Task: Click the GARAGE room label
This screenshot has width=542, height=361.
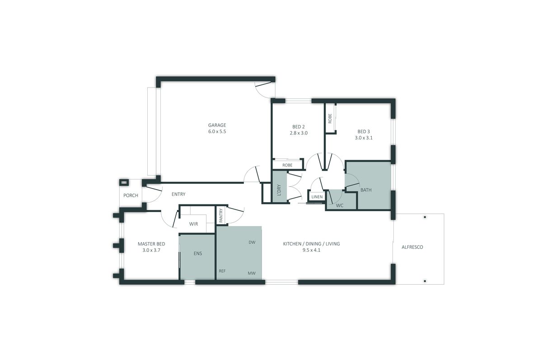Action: pos(217,125)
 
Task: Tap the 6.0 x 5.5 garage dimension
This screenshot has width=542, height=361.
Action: pos(217,132)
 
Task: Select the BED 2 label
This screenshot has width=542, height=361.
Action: pos(299,126)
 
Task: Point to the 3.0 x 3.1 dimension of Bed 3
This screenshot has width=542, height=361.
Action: pos(364,138)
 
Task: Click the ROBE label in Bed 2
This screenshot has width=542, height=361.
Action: pos(287,165)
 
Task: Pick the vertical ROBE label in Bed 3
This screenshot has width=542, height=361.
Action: pos(330,119)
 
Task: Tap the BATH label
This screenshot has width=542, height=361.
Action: pos(366,190)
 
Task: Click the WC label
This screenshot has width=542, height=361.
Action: pos(340,205)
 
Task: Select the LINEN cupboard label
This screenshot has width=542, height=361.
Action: pos(317,197)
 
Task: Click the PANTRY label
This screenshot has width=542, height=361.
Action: pos(221,215)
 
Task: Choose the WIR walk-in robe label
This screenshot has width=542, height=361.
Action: pos(194,224)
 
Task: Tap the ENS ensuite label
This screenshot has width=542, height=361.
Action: pos(198,253)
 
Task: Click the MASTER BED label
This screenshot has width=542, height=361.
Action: pos(151,244)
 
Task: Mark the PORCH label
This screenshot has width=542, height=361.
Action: pos(131,195)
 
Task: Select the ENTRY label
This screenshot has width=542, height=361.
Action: pos(178,194)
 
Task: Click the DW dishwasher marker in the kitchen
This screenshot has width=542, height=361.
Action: pos(252,242)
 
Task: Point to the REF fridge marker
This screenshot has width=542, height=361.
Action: pos(222,271)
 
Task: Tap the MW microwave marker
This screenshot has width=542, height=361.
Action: pos(251,273)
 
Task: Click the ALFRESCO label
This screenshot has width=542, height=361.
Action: pos(412,247)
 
